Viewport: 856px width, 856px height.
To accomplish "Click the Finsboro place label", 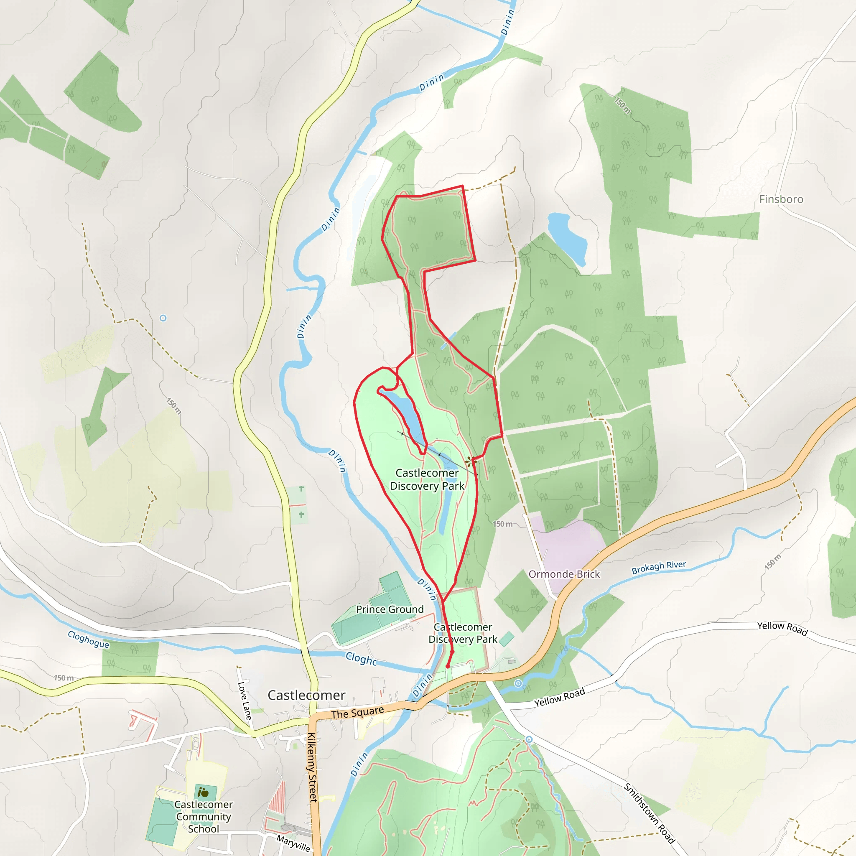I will tap(781, 199).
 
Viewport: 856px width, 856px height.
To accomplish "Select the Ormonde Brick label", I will tap(564, 574).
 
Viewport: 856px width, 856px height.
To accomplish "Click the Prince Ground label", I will tap(390, 609).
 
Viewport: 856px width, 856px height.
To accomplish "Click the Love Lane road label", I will tap(245, 701).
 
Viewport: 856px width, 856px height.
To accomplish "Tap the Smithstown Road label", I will tap(649, 813).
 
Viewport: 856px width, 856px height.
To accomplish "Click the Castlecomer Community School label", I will tap(204, 816).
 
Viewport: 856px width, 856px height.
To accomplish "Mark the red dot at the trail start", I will tap(448, 666).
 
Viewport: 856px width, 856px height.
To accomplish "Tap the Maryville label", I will tap(293, 843).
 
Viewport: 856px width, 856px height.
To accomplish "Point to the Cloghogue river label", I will tap(88, 639).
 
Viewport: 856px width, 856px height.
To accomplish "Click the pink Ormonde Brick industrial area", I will tap(568, 545).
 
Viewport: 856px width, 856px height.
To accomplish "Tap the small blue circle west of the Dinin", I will tap(163, 318).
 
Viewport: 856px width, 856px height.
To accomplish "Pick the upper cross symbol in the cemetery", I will tap(301, 488).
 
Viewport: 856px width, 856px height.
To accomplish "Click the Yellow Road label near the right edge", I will tap(782, 628).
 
